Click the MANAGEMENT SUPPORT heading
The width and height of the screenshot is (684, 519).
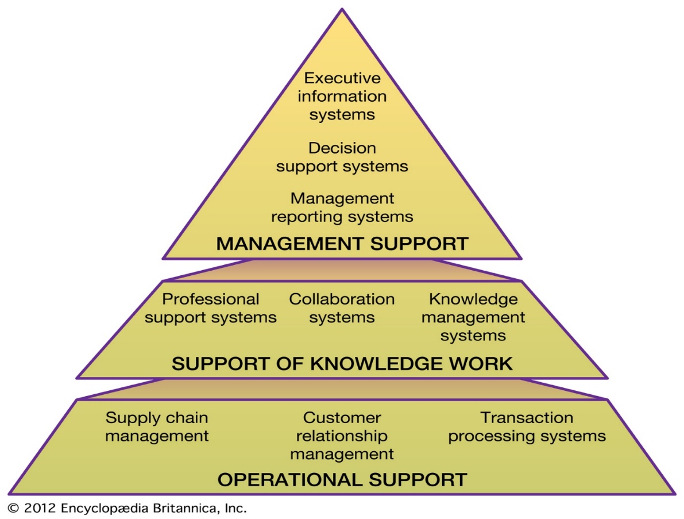(342, 244)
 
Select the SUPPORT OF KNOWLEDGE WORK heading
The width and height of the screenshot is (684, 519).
(342, 364)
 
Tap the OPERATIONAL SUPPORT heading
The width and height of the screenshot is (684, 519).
(342, 480)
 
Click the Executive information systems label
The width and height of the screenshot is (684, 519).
(342, 96)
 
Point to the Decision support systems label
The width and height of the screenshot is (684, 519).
(342, 157)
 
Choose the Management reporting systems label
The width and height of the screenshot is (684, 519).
(342, 208)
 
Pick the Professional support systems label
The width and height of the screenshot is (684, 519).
(211, 309)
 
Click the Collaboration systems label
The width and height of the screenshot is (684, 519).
(342, 308)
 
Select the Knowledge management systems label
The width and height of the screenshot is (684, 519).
(473, 317)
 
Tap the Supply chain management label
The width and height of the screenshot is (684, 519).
(157, 427)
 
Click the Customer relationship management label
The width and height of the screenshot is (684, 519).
(342, 436)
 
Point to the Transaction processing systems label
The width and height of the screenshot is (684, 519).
(527, 427)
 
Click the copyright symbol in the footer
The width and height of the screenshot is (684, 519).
(14, 509)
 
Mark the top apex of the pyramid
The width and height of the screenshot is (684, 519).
(342, 9)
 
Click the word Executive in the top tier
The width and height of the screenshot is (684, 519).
(342, 78)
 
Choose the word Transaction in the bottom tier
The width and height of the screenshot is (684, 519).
(527, 418)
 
